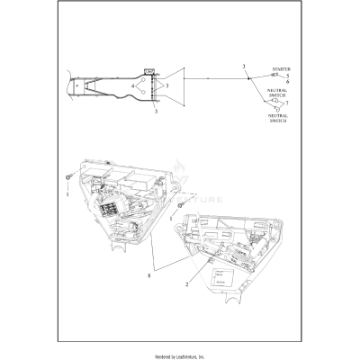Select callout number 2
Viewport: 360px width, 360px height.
coord(186,283)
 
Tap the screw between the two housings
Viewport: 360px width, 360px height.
coord(179,206)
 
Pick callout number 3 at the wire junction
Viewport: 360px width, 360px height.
coord(244,68)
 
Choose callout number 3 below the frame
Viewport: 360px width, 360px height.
coord(156,112)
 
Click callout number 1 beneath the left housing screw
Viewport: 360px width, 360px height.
coord(67,192)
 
